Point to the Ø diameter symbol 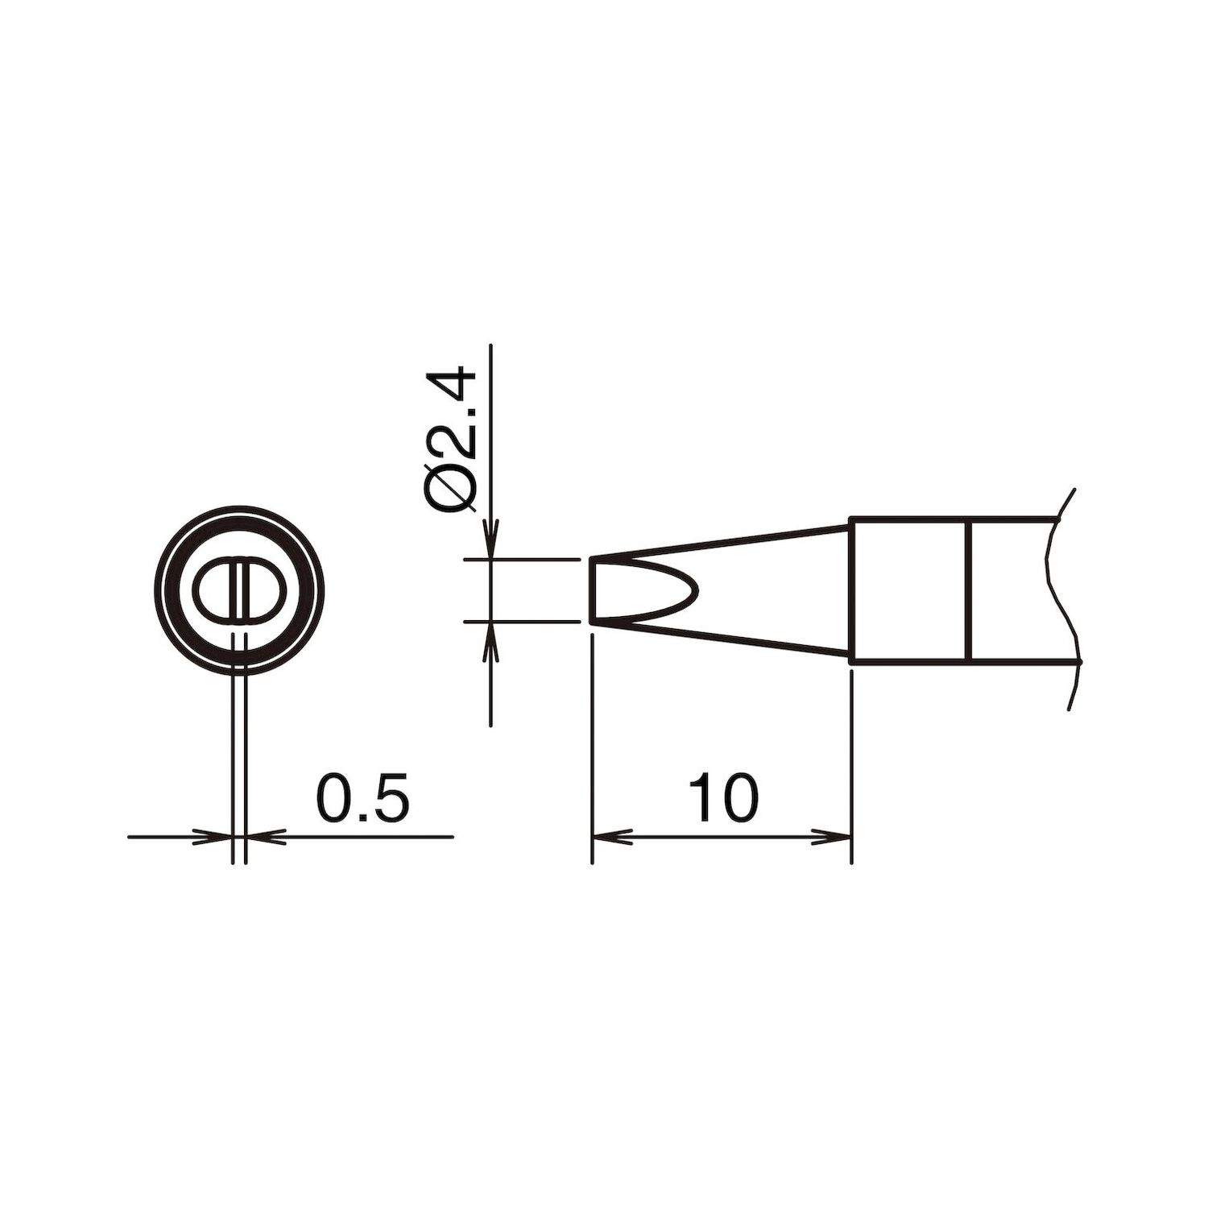coord(449,488)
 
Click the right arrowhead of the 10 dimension coord(838,838)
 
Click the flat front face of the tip coord(592,590)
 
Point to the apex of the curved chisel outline coord(699,590)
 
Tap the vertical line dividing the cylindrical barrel coord(970,590)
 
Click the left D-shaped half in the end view coord(213,589)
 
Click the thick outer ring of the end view coord(239,515)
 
